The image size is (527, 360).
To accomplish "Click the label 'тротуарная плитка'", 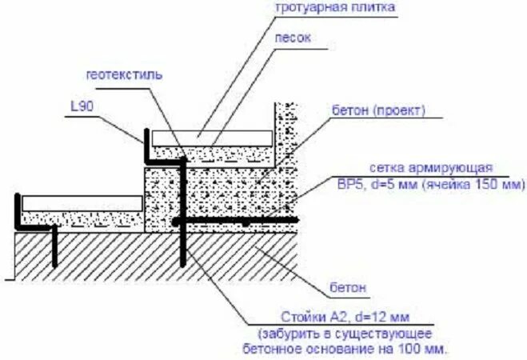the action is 335,8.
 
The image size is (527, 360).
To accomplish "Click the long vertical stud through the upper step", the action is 183,216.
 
